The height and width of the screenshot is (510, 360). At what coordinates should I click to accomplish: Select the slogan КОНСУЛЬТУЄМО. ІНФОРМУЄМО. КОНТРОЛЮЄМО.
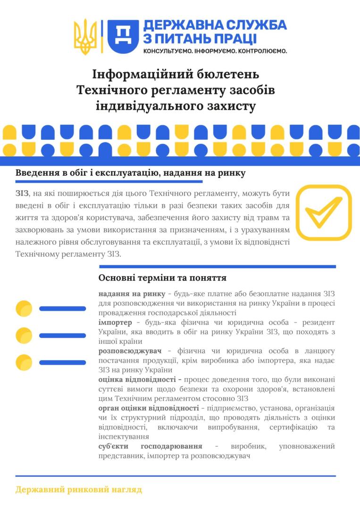[215, 51]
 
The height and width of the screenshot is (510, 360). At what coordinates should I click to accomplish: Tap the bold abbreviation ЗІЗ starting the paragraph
[22, 194]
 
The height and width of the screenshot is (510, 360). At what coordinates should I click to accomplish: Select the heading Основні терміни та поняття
[162, 278]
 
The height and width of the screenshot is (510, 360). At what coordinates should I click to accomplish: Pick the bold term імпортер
[116, 322]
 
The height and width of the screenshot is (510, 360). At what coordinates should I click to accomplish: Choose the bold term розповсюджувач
[130, 351]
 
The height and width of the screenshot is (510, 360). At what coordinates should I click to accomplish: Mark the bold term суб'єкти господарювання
[150, 446]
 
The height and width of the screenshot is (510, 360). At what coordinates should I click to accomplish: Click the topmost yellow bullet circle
[24, 308]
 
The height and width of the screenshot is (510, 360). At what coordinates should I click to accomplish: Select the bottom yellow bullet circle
[24, 362]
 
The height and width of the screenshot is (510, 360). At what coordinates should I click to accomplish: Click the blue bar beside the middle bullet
[62, 335]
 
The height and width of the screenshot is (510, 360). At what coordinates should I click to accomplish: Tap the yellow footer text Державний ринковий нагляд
[78, 490]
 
